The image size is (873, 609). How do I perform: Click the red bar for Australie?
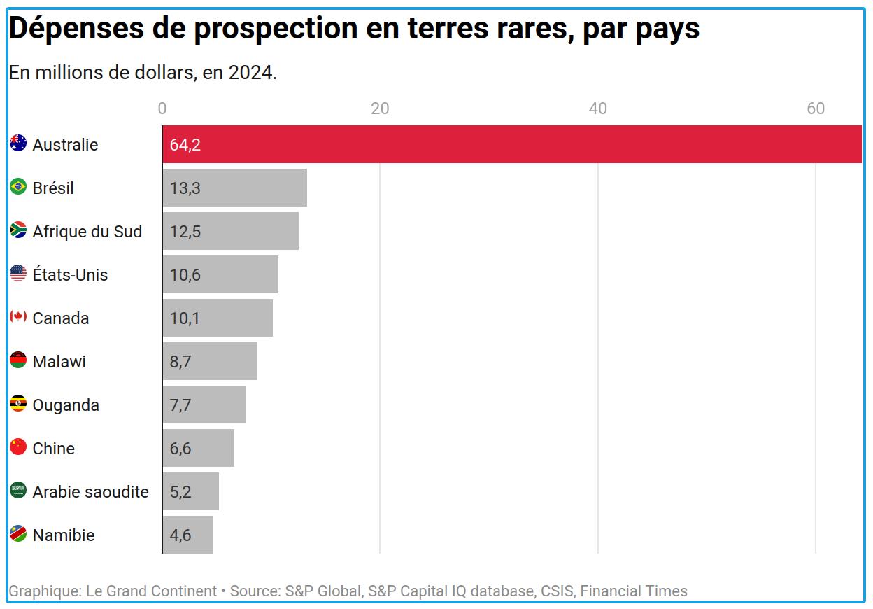[512, 144]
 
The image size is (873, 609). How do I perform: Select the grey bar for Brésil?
[234, 188]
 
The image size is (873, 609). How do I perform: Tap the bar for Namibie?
[187, 535]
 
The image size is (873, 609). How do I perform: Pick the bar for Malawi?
[210, 361]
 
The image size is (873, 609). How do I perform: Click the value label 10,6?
[185, 275]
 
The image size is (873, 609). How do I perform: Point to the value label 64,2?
[185, 145]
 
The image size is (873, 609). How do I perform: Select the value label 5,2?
[180, 492]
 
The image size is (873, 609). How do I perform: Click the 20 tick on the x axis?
[380, 108]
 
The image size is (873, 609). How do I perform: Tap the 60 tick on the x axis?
[816, 108]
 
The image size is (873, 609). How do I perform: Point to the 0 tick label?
[162, 108]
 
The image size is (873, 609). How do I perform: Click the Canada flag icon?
[18, 316]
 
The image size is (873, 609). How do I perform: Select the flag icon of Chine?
[18, 447]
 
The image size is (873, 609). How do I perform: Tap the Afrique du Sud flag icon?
[18, 230]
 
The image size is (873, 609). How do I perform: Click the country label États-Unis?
[70, 274]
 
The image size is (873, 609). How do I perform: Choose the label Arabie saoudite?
[91, 492]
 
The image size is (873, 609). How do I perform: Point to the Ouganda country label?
[66, 405]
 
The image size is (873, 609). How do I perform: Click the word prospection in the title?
[276, 29]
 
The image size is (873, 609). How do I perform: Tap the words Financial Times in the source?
[634, 591]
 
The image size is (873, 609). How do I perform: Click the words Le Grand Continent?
[151, 591]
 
